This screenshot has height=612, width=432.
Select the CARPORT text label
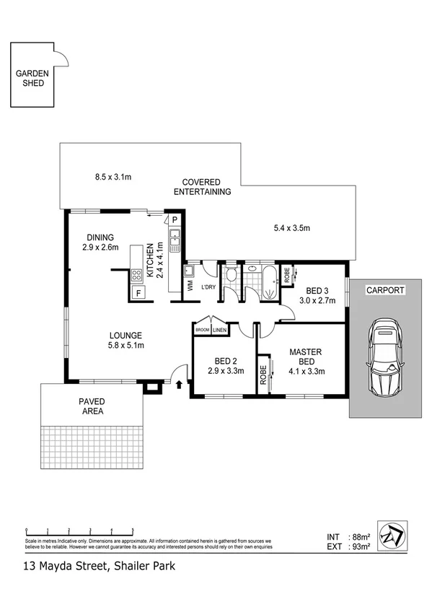tap(385, 290)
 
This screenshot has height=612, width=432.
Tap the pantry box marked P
tap(175, 219)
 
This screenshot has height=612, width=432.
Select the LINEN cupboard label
tap(219, 330)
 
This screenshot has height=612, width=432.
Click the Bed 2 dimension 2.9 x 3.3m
tap(226, 372)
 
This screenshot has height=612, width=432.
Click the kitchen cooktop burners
tap(136, 274)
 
